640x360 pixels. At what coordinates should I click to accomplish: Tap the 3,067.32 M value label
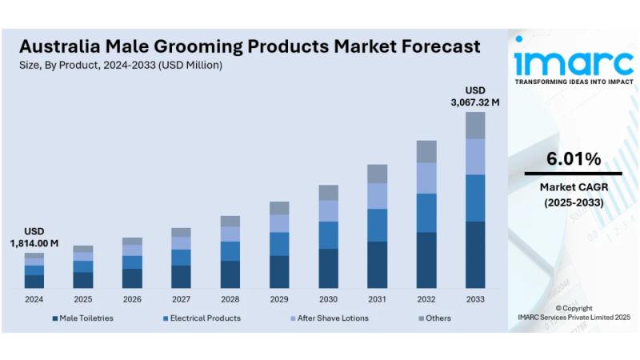[x=475, y=102]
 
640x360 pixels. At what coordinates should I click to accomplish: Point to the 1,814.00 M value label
[x=34, y=242]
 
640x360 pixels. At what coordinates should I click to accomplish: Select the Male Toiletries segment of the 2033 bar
[x=475, y=254]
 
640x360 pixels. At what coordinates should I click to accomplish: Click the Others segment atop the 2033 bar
[x=475, y=125]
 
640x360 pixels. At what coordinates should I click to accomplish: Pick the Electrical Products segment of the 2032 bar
[x=426, y=213]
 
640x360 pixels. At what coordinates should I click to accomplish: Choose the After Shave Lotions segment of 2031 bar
[x=378, y=196]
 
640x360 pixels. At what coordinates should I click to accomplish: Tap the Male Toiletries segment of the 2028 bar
[x=230, y=274]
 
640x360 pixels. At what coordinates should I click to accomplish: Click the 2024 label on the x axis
[x=34, y=299]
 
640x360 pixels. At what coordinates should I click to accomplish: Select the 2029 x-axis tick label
[x=279, y=299]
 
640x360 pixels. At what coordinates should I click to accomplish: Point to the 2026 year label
[x=132, y=299]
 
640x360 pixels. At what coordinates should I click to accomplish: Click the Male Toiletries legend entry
[x=83, y=318]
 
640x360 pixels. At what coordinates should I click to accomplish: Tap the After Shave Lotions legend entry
[x=329, y=318]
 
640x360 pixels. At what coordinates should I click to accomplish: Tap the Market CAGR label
[x=573, y=187]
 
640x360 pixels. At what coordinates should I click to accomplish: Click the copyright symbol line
[x=574, y=308]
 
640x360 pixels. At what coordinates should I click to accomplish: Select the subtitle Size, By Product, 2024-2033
[x=121, y=65]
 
